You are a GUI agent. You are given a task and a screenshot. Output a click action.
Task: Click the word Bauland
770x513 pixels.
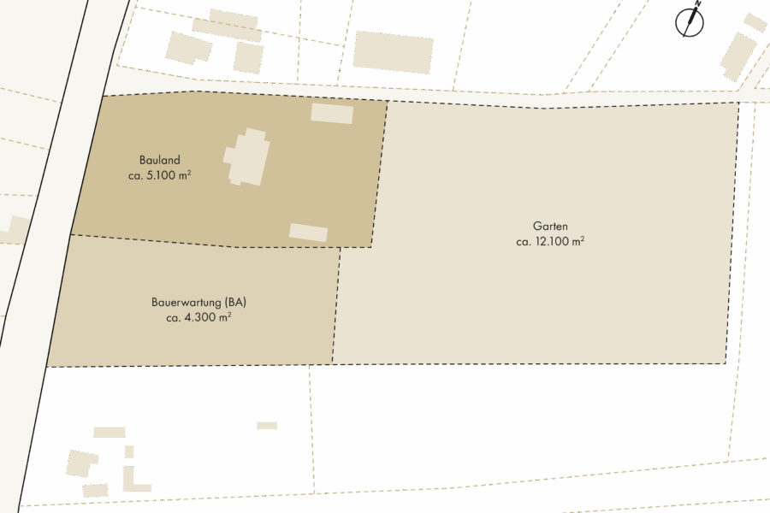[160, 160]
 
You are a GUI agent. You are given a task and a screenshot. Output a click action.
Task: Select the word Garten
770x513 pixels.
[550, 227]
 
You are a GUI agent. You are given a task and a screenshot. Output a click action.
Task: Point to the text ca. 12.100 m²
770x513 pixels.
[550, 242]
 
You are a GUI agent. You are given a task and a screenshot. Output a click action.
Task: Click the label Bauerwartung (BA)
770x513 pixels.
[199, 303]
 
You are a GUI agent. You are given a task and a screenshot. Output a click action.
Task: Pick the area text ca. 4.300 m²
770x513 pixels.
[199, 317]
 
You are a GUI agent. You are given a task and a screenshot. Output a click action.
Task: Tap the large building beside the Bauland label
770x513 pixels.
[247, 157]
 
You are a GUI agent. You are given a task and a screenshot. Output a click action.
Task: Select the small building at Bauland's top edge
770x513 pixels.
[332, 113]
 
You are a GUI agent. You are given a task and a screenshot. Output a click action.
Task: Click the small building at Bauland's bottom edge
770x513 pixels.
[308, 232]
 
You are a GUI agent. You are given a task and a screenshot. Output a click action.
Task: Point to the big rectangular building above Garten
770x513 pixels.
[393, 51]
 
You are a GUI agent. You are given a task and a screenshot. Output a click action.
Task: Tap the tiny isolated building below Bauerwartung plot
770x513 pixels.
[267, 425]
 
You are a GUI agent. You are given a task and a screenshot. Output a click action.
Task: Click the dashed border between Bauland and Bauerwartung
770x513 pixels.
[205, 242]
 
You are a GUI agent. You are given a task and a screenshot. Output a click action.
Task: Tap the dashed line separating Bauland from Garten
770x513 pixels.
[379, 171]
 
